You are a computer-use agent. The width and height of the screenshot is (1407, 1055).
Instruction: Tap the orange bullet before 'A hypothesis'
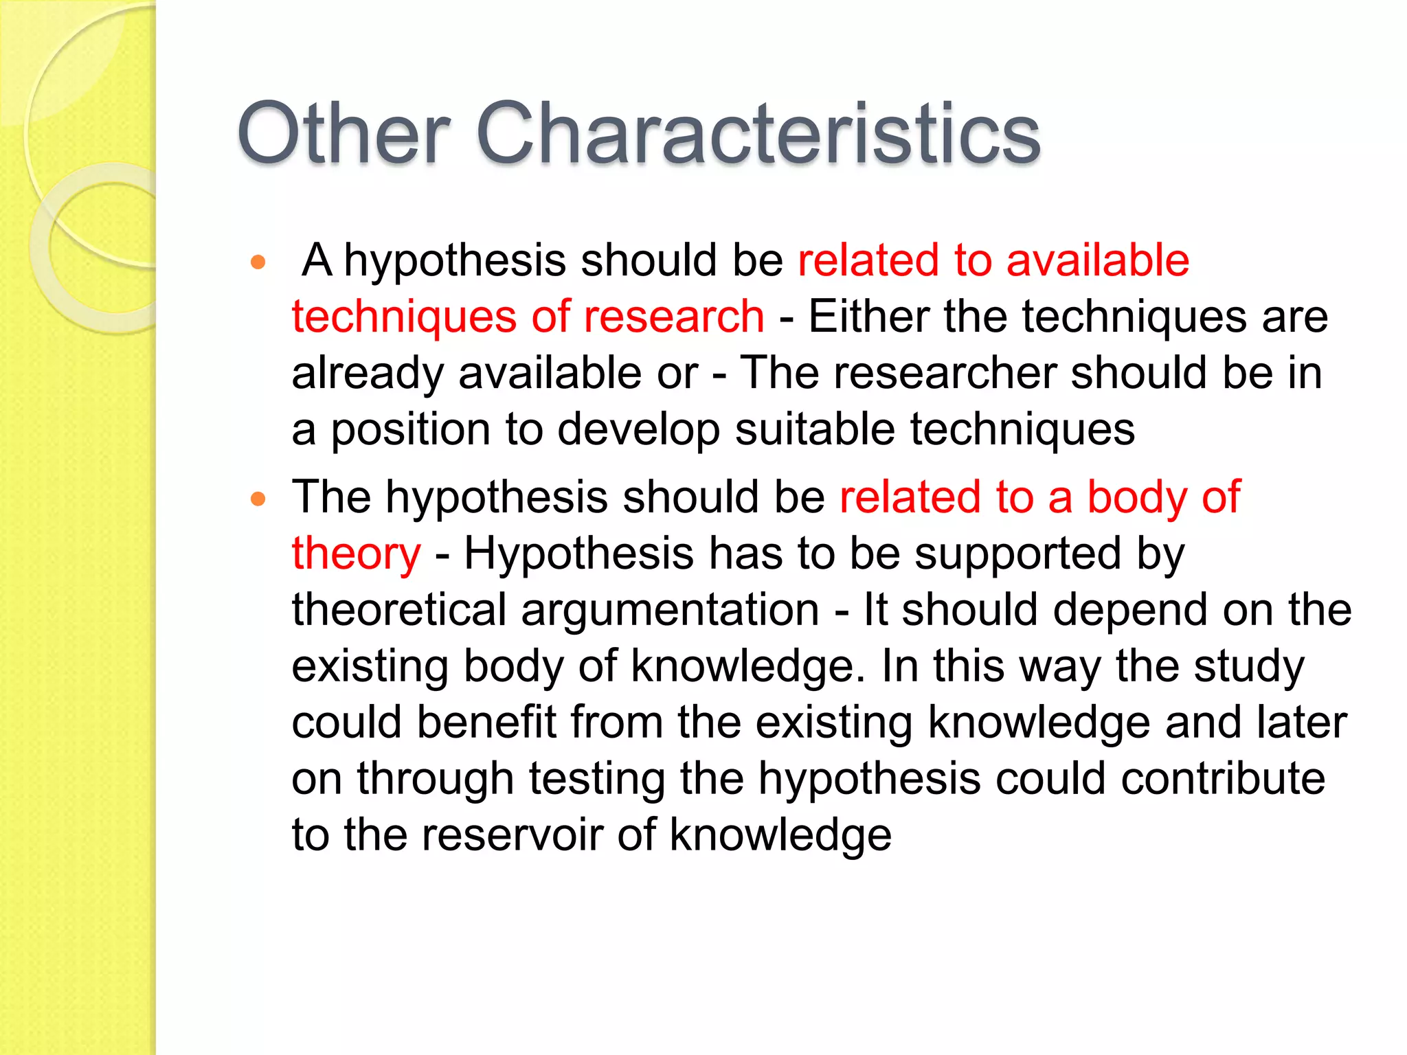(258, 262)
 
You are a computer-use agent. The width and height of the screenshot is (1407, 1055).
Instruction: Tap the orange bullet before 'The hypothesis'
(258, 499)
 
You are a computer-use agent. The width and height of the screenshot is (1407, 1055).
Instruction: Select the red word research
(673, 317)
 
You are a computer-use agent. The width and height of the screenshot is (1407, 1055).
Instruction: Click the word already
(367, 373)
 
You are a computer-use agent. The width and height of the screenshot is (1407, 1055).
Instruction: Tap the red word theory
(356, 554)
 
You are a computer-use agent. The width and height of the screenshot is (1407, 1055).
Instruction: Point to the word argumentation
(670, 611)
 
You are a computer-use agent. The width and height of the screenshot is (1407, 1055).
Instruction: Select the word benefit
(486, 723)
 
